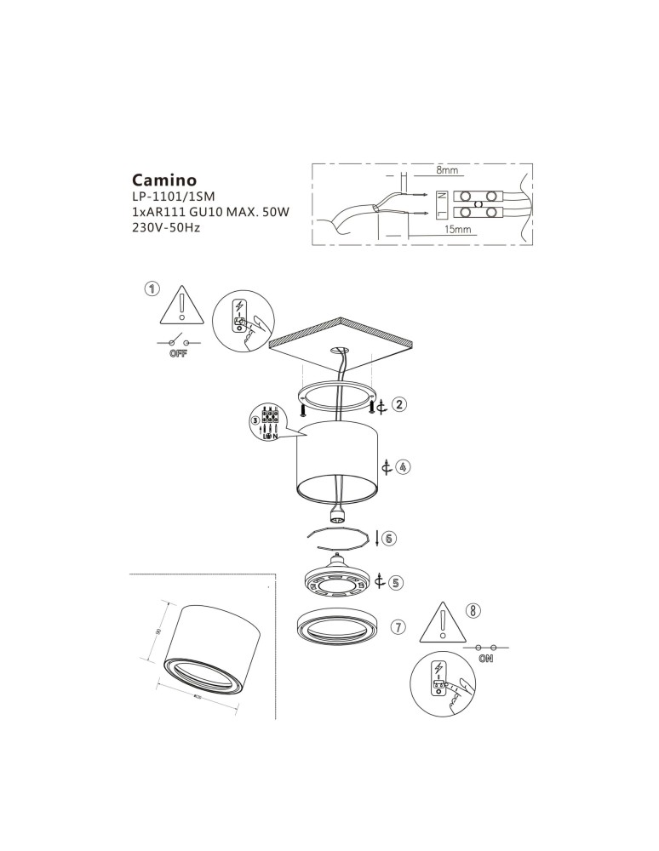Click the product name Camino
click(x=164, y=180)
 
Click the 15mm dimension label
click(x=457, y=230)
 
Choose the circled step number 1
click(x=152, y=288)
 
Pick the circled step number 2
click(x=399, y=405)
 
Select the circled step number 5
click(x=396, y=583)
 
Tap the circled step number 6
click(x=389, y=539)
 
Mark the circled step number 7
click(x=398, y=627)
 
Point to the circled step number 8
click(x=474, y=609)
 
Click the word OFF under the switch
click(x=178, y=354)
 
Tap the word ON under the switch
click(x=487, y=659)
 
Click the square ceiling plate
click(x=341, y=345)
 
